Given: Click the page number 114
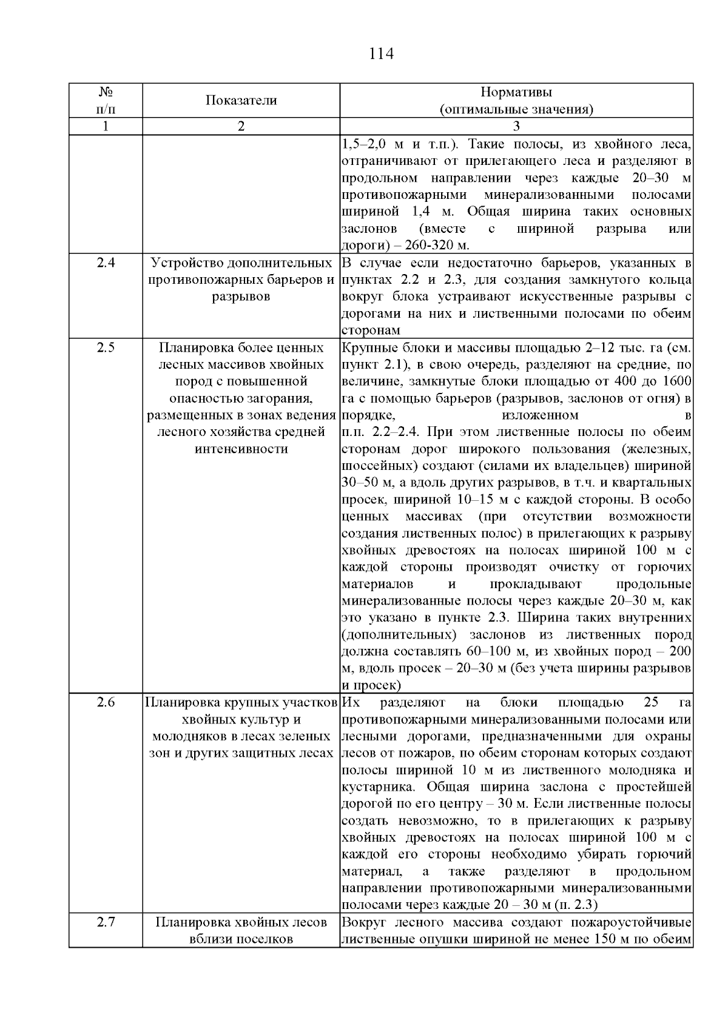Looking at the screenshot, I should pos(382,55).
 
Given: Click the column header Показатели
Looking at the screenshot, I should pos(241,101).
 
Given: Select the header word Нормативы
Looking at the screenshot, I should pos(516,92).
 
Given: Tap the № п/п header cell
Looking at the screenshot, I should pos(106,101).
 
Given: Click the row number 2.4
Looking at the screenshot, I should pos(106,263).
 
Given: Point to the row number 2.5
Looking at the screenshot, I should pos(106,348).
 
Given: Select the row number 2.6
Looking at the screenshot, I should pos(106,703).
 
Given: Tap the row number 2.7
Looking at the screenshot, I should pos(106,923).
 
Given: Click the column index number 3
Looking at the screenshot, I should pos(516,127).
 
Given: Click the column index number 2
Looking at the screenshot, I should pos(241,127).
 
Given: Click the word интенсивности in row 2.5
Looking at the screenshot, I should pos(241,449).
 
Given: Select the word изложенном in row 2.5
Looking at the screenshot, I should pos(540,415).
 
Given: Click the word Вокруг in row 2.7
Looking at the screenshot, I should pos(363,923).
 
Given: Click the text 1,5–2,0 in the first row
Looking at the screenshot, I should pos(364,145).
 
